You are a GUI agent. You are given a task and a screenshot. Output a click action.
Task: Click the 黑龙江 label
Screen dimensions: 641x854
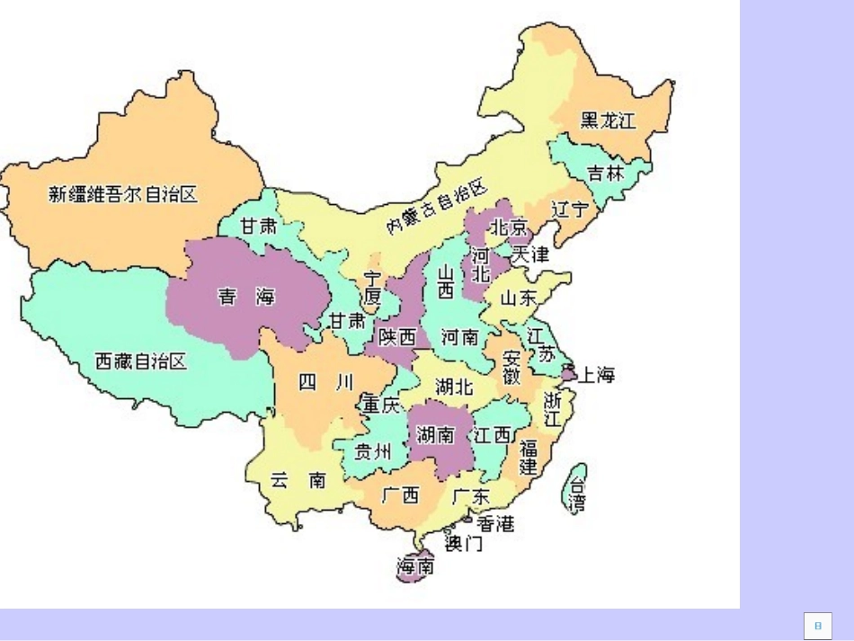(607, 120)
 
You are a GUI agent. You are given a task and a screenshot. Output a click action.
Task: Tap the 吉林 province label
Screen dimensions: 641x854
(605, 174)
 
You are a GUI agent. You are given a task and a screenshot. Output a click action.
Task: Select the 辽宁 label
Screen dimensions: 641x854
(572, 209)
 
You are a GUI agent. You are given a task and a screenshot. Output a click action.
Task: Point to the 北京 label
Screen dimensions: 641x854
(508, 225)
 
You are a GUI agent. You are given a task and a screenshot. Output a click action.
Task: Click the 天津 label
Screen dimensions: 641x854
(529, 254)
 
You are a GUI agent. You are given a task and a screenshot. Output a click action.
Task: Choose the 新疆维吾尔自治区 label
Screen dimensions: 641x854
(122, 193)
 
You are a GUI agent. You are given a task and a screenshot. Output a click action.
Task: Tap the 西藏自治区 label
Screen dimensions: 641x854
(141, 361)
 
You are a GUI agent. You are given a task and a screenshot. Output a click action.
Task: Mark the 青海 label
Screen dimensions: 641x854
(246, 297)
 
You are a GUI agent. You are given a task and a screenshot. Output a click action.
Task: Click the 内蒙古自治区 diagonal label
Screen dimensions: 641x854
(436, 206)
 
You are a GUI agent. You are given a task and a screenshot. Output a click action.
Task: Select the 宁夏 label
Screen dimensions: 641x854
(372, 288)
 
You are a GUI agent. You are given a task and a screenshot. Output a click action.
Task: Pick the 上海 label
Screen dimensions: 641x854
(595, 375)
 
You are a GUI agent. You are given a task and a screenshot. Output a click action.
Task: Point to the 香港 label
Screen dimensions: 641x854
(495, 523)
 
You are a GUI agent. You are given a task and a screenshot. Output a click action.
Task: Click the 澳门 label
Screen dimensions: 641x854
(464, 543)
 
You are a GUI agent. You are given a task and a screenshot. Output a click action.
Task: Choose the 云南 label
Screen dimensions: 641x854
(298, 480)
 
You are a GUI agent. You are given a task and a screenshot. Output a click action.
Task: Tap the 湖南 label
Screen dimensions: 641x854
(435, 435)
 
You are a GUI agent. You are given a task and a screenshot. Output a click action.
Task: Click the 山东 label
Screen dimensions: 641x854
(520, 298)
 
